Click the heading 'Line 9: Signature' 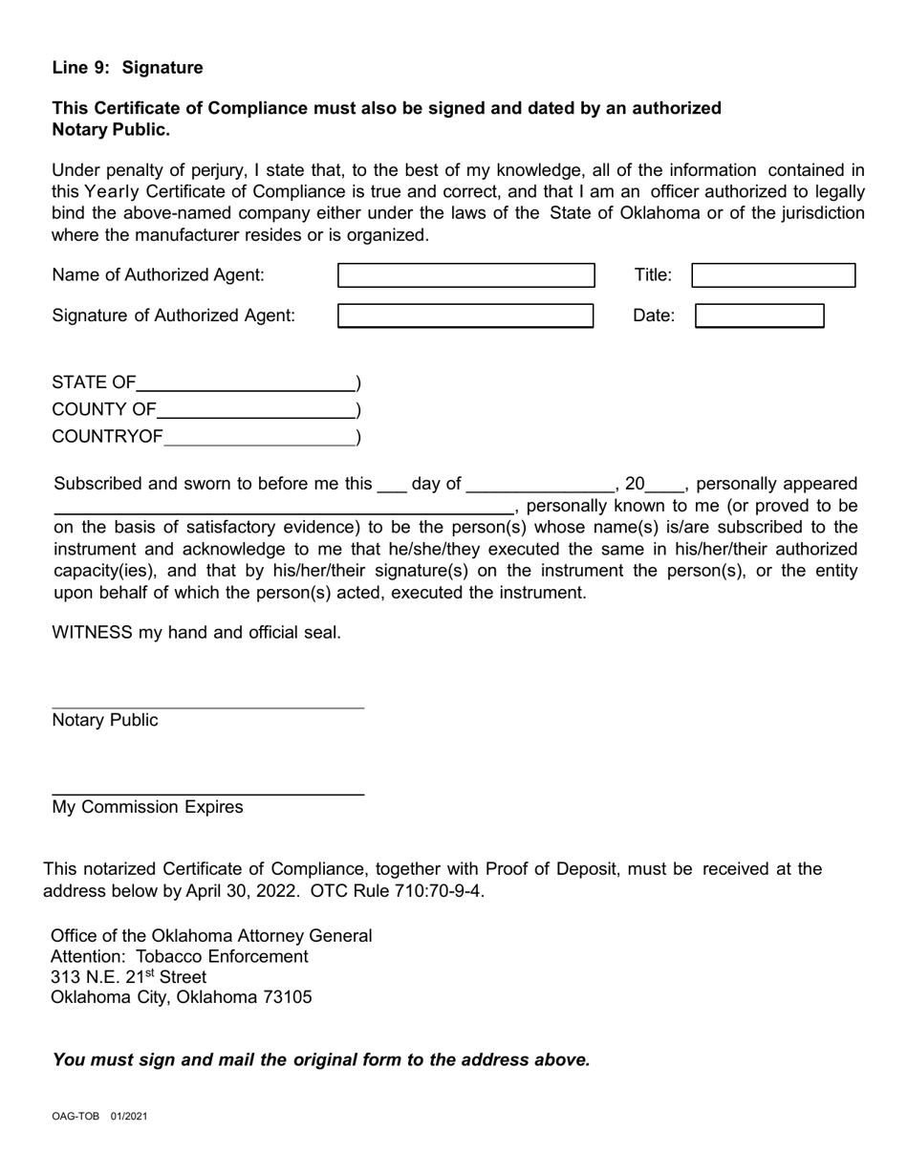tap(127, 68)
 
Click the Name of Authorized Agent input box tap(466, 275)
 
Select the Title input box tap(772, 275)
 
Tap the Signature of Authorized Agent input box tap(465, 316)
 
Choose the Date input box tap(759, 316)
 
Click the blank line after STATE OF tap(246, 384)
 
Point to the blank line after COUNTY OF tap(255, 411)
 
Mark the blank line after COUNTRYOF tap(259, 439)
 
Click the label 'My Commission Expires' tap(147, 807)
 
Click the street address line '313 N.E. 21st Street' tap(128, 976)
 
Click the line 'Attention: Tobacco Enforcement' tap(179, 956)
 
